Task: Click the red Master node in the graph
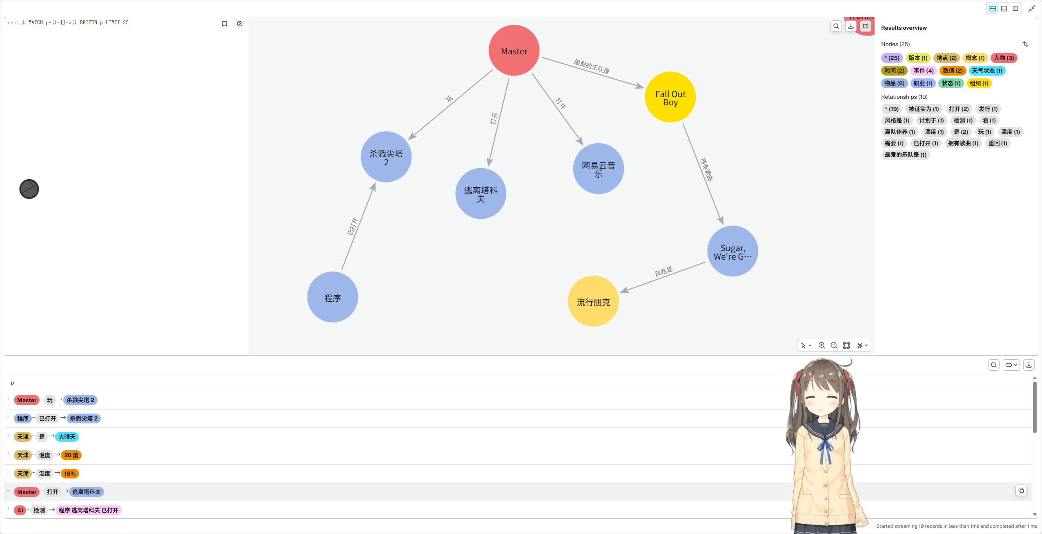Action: [514, 51]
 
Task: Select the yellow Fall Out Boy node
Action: [670, 97]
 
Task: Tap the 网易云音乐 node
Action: [598, 169]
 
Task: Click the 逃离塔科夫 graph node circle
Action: [481, 194]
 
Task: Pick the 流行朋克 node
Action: [593, 301]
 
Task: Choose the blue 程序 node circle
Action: [332, 297]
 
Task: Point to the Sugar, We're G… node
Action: [733, 251]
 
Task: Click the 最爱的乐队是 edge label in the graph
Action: [591, 67]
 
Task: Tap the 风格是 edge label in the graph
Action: [663, 271]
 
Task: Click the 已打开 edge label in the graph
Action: [352, 227]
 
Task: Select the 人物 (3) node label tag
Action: [1004, 58]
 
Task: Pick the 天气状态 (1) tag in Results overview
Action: [986, 71]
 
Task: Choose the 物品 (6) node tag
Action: [894, 83]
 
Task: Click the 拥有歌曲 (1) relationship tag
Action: [963, 143]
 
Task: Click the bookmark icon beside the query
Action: [225, 24]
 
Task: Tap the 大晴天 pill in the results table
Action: [67, 437]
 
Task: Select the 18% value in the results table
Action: [70, 474]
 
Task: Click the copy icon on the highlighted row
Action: [1021, 490]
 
